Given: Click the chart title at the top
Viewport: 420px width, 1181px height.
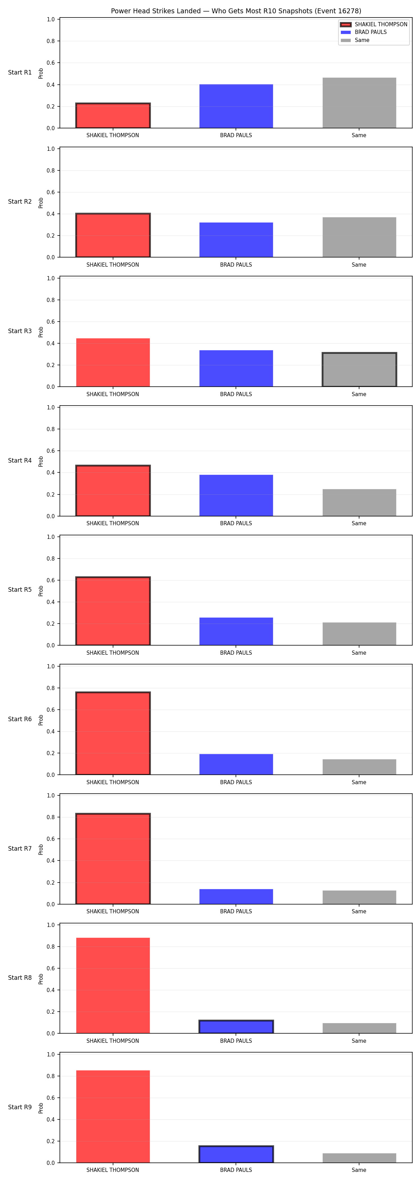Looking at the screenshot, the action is point(236,11).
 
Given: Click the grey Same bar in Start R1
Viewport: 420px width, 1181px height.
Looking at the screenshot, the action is point(359,103).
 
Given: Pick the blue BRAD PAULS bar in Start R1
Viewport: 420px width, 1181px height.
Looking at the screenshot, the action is point(236,106).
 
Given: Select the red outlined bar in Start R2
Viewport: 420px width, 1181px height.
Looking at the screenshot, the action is point(113,235).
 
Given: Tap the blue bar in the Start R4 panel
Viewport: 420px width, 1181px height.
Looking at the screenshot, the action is point(236,495).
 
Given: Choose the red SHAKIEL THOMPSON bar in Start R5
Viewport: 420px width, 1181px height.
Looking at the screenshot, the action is point(113,611).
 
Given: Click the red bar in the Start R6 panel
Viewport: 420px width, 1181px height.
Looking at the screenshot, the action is point(113,733).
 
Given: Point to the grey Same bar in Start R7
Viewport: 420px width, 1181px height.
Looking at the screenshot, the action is point(359,897).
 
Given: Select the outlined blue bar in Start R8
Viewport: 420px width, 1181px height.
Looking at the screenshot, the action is point(236,1026).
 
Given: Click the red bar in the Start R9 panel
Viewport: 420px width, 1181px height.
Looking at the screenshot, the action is point(113,1116).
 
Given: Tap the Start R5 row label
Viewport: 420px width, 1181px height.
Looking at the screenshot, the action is point(20,590).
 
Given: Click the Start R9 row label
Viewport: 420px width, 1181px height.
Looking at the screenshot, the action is point(20,1107).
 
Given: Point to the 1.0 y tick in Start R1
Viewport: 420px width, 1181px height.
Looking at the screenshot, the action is point(50,19).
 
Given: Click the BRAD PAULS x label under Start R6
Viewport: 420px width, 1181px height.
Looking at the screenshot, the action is point(236,782).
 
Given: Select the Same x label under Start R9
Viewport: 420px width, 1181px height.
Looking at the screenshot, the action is point(359,1170).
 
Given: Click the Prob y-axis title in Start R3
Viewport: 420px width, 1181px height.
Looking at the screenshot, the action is point(41,332).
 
